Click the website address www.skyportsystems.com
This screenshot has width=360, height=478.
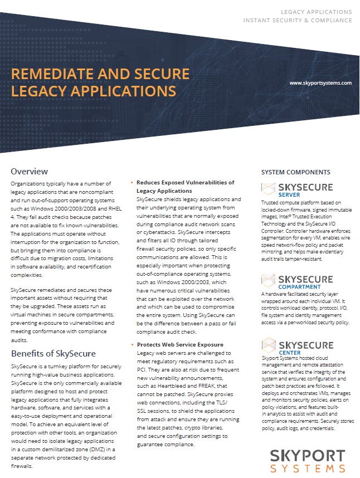[320, 82]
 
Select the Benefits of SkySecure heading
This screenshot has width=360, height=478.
[53, 353]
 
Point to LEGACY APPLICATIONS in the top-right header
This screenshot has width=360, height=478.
[316, 11]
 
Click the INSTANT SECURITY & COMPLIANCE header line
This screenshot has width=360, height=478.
[298, 20]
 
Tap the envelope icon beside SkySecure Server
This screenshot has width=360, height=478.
[269, 188]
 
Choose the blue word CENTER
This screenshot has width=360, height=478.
[286, 352]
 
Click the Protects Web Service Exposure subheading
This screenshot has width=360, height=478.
[180, 344]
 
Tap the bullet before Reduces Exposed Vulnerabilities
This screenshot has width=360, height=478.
[131, 183]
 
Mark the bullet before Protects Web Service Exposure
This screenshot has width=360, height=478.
[131, 344]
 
